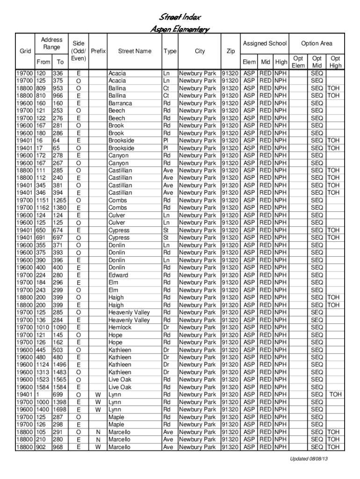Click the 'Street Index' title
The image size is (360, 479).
tap(180, 18)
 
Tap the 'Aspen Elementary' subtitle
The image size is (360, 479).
tap(180, 29)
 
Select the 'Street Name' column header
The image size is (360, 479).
tap(135, 51)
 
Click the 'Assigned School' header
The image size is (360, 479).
tap(265, 44)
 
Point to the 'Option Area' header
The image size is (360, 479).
tap(317, 44)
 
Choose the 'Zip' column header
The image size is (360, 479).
tap(230, 51)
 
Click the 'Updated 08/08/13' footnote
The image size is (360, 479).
tap(309, 458)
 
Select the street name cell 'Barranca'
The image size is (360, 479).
tap(120, 103)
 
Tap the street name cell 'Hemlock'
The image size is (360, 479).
tap(120, 327)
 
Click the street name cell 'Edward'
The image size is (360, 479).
tap(118, 275)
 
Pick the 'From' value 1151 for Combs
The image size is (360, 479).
tap(43, 200)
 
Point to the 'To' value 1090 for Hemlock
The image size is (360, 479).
tap(59, 327)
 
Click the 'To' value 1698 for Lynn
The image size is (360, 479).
tap(59, 409)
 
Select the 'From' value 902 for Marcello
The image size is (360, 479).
tap(42, 447)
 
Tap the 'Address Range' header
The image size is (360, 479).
tap(51, 44)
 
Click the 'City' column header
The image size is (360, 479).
tap(200, 51)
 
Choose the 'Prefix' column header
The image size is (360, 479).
tap(98, 51)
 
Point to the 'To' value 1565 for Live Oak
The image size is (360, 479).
tap(59, 380)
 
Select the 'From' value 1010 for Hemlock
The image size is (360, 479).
tap(43, 327)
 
